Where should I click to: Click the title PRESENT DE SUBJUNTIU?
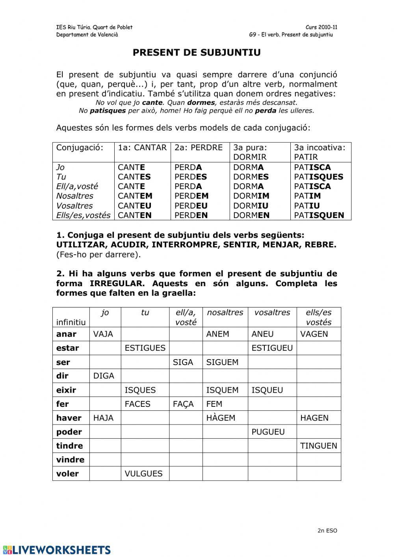(197, 53)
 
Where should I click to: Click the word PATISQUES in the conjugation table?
(318, 177)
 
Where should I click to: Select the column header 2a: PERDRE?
(199, 147)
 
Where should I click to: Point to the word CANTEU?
(134, 205)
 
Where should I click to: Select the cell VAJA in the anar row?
(103, 334)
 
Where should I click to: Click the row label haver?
(69, 418)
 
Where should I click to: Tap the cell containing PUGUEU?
(268, 432)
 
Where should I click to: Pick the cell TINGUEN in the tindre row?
(318, 446)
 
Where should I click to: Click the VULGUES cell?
(143, 473)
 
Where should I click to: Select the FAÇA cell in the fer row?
(183, 404)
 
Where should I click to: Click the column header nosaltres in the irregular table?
(225, 312)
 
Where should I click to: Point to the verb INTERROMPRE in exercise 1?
(185, 245)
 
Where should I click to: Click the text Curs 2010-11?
(321, 27)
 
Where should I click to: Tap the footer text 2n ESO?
(327, 530)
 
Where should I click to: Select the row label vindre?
(70, 460)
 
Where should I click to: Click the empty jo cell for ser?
(105, 362)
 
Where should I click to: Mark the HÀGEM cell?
(221, 418)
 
